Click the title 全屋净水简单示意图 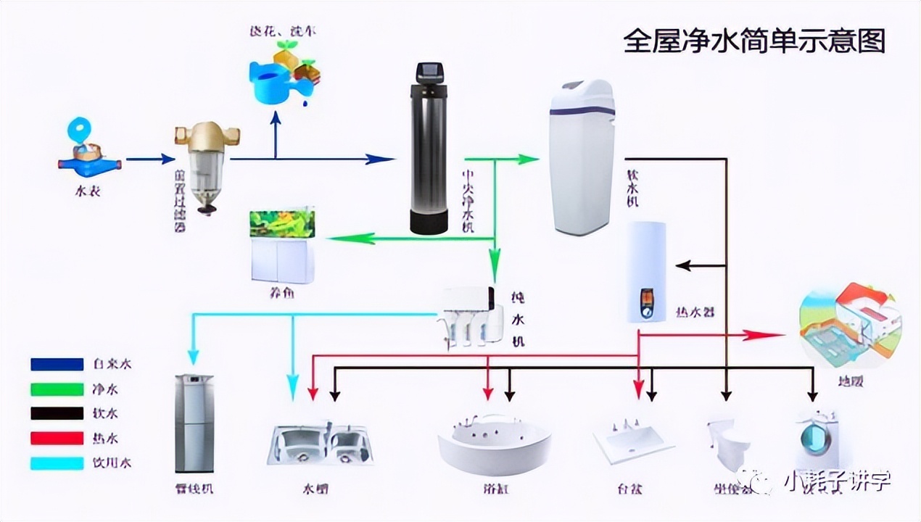pos(754,41)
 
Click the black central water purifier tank pos(429,152)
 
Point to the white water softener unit pos(581,156)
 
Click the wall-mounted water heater pos(646,272)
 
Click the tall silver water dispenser pos(194,423)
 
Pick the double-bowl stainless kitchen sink pos(320,442)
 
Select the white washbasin pos(632,439)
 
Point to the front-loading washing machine pos(817,439)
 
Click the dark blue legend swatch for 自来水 pos(57,364)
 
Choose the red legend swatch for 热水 pos(57,438)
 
